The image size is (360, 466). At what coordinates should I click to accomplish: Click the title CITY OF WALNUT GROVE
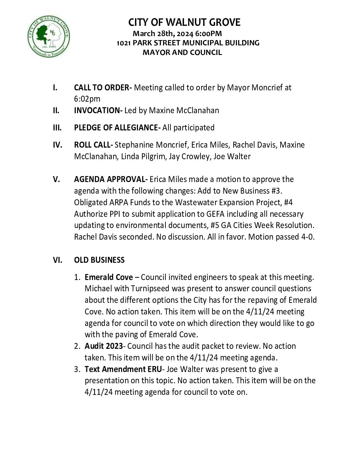point(184,23)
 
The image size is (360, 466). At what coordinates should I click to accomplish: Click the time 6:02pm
point(87,99)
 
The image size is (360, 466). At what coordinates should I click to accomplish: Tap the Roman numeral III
point(57,128)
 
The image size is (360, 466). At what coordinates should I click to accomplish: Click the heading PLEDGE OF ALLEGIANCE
point(117,128)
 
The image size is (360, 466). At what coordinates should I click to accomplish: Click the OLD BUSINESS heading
point(99,260)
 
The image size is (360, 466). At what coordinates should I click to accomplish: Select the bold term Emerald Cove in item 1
point(109,277)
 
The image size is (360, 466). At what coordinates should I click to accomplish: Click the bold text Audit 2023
point(104,346)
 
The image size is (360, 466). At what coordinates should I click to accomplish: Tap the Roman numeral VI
point(58,260)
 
